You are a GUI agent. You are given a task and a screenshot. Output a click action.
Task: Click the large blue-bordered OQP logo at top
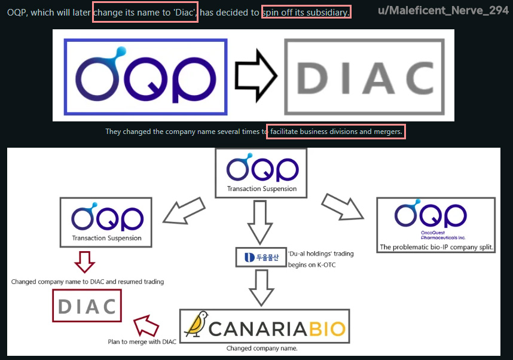(146, 76)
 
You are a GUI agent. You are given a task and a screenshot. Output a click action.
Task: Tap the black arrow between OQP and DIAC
(256, 76)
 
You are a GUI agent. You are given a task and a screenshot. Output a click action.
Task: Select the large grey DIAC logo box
(364, 76)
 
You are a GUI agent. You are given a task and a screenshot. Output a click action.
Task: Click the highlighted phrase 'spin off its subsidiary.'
(306, 13)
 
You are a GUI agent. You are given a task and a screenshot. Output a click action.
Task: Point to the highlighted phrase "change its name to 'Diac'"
(145, 13)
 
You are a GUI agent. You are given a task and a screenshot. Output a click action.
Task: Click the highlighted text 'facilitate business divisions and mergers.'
(337, 131)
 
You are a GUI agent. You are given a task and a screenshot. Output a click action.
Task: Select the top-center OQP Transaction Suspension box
(261, 173)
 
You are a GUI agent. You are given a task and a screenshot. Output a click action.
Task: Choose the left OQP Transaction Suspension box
(106, 221)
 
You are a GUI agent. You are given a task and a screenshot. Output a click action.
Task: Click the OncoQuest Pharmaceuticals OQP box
(436, 225)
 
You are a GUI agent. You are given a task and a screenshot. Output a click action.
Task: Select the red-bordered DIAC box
(87, 306)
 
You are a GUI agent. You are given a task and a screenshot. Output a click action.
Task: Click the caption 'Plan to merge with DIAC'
(142, 342)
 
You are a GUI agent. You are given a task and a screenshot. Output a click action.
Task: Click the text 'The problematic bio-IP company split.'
(436, 246)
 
